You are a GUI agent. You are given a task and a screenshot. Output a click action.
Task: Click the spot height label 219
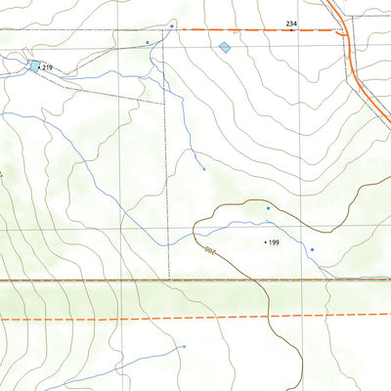point(47,67)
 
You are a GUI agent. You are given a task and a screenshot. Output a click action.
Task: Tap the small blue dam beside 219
point(35,65)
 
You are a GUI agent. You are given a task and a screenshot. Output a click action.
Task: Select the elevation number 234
point(291,22)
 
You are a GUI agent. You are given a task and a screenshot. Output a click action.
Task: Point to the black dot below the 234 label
point(291,30)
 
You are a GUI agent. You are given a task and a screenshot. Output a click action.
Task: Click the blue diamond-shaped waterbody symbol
point(225,47)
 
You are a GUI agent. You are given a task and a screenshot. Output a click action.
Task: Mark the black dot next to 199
point(264,241)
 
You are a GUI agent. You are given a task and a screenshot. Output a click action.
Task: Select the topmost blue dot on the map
point(172,24)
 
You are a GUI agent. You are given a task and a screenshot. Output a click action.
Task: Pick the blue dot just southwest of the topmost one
point(148,43)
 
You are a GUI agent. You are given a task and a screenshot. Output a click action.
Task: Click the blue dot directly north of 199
point(267,207)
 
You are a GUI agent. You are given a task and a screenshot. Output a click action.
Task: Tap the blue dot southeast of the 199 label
point(312,250)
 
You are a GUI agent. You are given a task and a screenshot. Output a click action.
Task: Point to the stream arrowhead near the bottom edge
point(184,346)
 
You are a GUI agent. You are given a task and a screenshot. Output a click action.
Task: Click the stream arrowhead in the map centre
point(203,170)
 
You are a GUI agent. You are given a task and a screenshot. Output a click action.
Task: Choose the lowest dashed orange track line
point(195,317)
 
